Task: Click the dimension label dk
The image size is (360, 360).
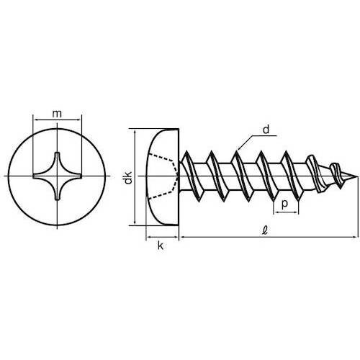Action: pos(127,177)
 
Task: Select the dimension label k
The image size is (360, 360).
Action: pos(161,246)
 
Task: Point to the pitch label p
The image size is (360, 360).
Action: pos(286,204)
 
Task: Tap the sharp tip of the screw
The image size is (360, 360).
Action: pos(354,177)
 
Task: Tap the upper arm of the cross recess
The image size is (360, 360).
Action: pos(58,158)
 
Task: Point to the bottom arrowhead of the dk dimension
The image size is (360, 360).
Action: pos(137,222)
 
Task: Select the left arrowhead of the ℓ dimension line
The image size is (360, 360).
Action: pos(183,235)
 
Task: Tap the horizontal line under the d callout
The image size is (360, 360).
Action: pos(266,137)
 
